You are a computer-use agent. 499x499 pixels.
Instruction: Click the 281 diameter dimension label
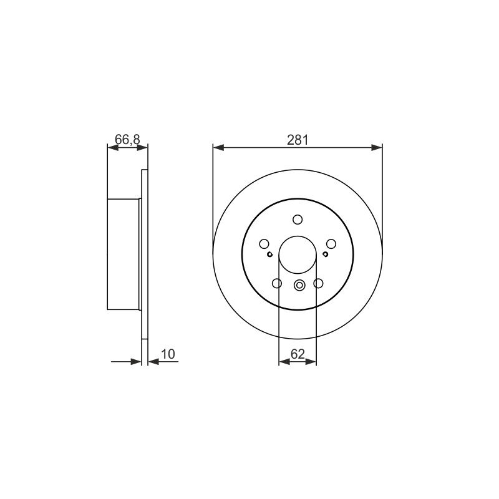pos(298,140)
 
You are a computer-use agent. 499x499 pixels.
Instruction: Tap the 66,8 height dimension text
pos(127,139)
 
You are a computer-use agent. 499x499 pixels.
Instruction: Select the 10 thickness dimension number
pos(168,354)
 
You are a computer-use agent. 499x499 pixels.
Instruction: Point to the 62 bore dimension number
pos(298,354)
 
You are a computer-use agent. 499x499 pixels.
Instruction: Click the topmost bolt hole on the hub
pos(298,220)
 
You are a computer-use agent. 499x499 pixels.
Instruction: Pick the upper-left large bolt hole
pos(264,244)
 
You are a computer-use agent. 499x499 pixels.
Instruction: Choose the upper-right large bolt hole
pos(331,244)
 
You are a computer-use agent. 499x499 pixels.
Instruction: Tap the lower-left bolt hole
pos(277,283)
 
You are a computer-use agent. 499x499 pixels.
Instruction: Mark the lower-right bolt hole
pos(318,283)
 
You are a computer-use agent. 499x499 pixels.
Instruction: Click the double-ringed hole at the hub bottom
pos(299,285)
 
